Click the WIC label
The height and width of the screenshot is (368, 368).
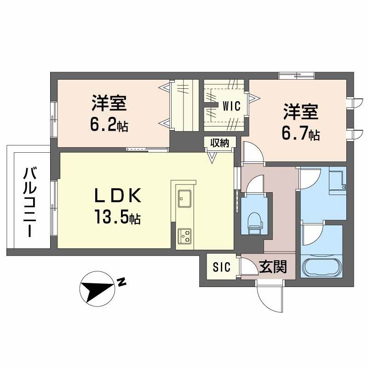click(231, 106)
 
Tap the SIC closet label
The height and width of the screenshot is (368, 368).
click(222, 267)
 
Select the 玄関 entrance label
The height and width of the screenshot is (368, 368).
click(273, 267)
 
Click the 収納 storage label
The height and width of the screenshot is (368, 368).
click(219, 143)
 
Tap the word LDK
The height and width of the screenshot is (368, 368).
click(118, 195)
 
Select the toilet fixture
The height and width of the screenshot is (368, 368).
click(255, 224)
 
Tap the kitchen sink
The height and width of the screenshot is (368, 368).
click(184, 199)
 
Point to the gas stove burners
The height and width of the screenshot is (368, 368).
click(184, 236)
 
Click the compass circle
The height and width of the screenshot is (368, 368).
click(97, 289)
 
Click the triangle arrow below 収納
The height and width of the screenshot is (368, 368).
click(212, 157)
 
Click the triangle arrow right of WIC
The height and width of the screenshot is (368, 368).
click(254, 98)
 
